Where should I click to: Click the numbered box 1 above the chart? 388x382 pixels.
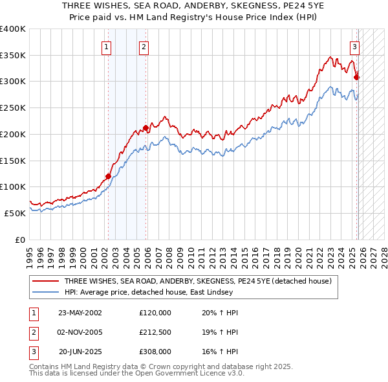click(x=105, y=46)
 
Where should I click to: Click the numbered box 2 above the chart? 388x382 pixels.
click(x=144, y=46)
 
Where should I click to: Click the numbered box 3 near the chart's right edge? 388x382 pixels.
click(x=355, y=46)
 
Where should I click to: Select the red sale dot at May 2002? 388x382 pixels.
click(x=108, y=175)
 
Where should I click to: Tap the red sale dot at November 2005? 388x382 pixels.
click(x=145, y=128)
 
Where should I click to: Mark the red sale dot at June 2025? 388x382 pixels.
click(x=356, y=77)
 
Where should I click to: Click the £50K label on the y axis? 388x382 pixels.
click(x=15, y=212)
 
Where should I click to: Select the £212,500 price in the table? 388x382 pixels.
click(x=155, y=332)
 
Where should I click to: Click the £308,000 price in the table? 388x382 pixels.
click(x=155, y=352)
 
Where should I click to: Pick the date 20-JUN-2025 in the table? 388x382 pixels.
click(x=80, y=352)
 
